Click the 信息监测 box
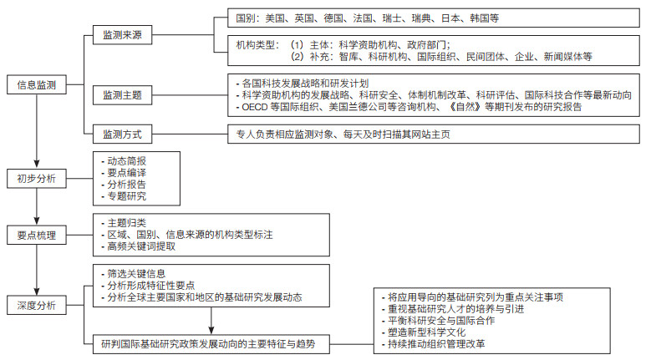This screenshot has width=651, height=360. tap(37, 84)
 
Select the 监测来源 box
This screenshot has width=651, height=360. tap(122, 35)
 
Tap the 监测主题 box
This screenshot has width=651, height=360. tap(122, 95)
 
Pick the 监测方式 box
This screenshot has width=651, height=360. tap(122, 134)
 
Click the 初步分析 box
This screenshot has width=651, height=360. tap(37, 179)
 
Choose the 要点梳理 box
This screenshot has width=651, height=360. tap(37, 236)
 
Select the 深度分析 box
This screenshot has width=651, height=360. tap(37, 305)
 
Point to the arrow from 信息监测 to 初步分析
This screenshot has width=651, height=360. tap(37, 131)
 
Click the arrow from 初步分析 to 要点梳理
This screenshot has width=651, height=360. tap(37, 206)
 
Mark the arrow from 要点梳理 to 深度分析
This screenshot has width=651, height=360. tap(37, 270)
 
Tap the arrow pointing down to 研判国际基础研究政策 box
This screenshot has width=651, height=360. tap(211, 321)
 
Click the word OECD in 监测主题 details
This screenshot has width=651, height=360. tap(255, 107)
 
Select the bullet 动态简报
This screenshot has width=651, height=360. tap(124, 161)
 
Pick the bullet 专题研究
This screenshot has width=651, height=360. tap(124, 196)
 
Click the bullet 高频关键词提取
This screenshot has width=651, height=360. tap(138, 246)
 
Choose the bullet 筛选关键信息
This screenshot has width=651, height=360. tap(133, 274)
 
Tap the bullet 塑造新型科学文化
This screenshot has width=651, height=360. tap(424, 332)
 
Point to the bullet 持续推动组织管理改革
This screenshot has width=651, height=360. tap(433, 344)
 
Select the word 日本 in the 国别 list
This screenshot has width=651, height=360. tap(450, 18)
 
